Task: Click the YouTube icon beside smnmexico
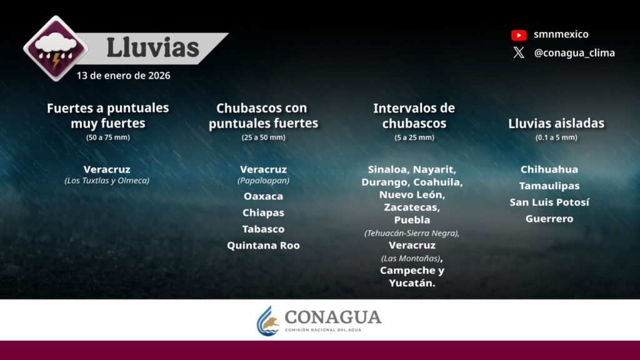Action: (x=519, y=35)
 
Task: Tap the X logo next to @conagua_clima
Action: (x=519, y=52)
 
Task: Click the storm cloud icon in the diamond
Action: (x=56, y=49)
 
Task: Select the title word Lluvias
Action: (x=152, y=47)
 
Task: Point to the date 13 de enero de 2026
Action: (x=123, y=76)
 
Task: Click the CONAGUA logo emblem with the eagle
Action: (x=267, y=321)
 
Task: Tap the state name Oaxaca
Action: (x=263, y=196)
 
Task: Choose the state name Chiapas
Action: (x=263, y=212)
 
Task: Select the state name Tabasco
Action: (x=263, y=229)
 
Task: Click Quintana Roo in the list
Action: (x=263, y=245)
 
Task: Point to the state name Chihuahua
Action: (x=549, y=169)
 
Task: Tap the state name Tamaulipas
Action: (x=549, y=186)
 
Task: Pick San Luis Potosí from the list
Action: (x=549, y=202)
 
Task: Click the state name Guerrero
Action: (x=549, y=219)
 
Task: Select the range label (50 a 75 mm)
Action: (x=108, y=137)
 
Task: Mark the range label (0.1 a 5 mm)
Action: (x=556, y=137)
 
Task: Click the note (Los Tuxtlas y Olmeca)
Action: (x=107, y=181)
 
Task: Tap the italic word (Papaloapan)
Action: (x=263, y=181)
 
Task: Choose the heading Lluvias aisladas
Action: (x=556, y=123)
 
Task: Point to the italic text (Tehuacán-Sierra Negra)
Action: (x=411, y=233)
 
